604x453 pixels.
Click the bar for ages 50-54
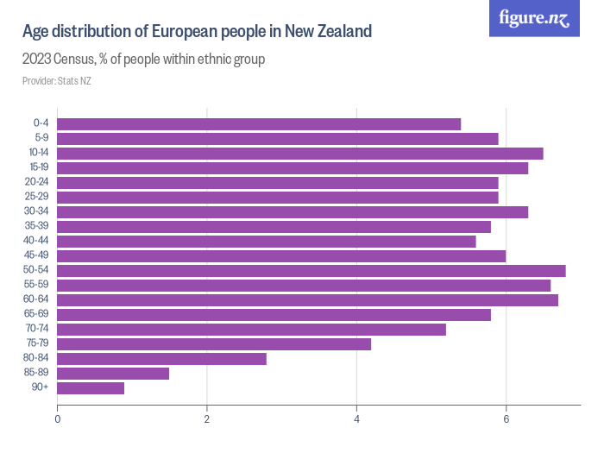click(311, 271)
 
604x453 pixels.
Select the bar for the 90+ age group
click(91, 388)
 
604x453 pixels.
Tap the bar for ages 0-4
click(259, 123)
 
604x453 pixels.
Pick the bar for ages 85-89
click(113, 374)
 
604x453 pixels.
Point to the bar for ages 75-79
click(214, 344)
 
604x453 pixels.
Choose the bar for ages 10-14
click(299, 153)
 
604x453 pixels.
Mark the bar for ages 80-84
click(161, 359)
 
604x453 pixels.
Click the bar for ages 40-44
click(266, 242)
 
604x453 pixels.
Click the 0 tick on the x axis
click(57, 419)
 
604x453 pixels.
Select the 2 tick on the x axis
click(207, 419)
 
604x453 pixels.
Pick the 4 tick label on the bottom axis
click(356, 419)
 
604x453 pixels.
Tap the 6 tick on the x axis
click(506, 419)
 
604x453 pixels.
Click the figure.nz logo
click(534, 18)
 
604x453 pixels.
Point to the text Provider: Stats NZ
click(57, 81)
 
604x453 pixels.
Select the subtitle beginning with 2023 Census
click(143, 60)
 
